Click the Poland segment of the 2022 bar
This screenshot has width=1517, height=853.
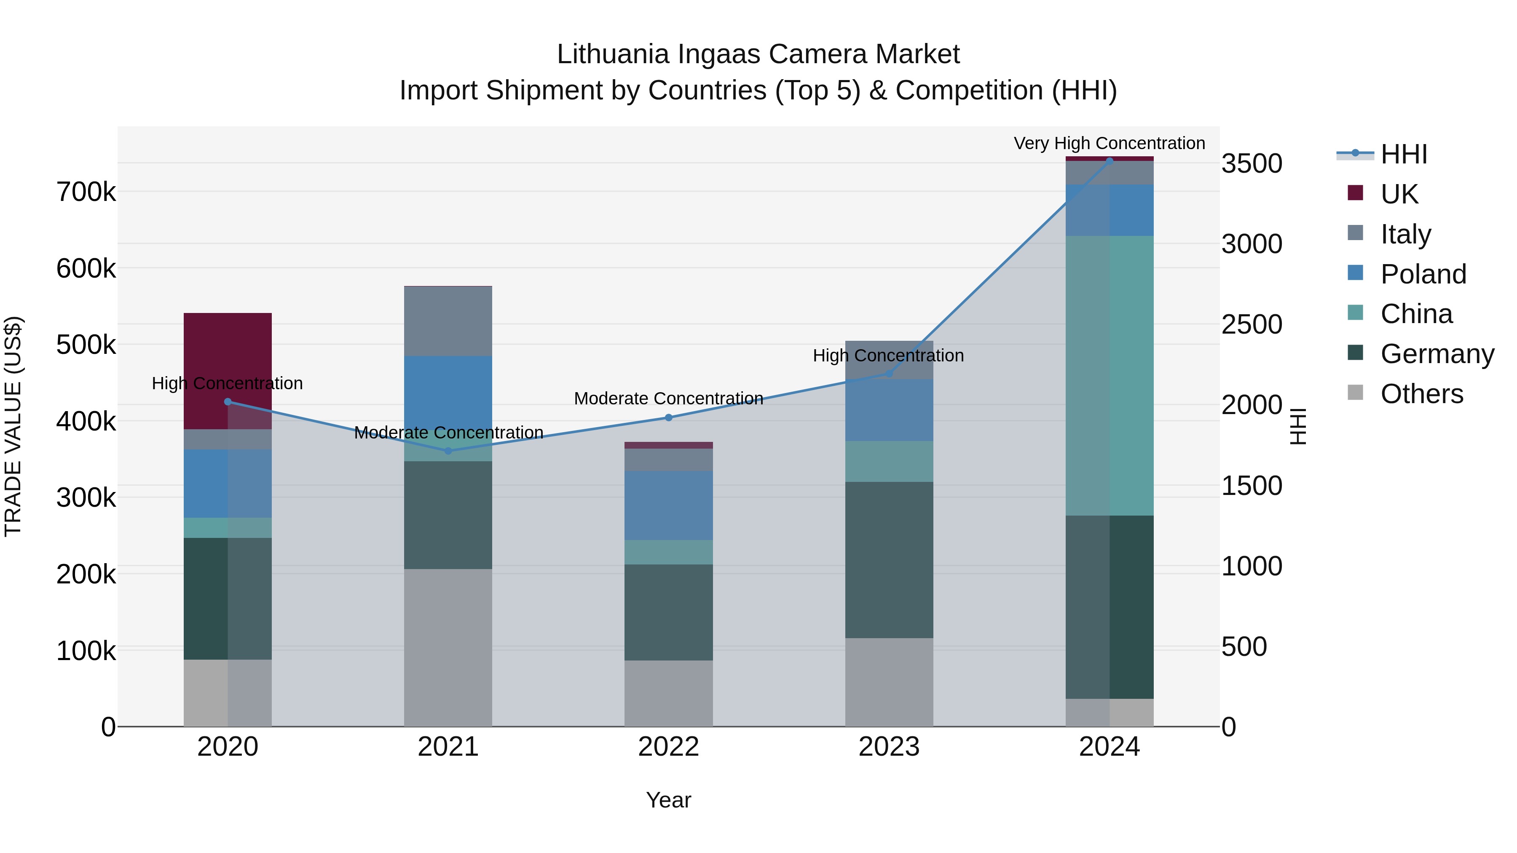pos(668,505)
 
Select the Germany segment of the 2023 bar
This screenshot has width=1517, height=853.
pos(889,559)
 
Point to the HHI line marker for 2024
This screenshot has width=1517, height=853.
pos(1110,161)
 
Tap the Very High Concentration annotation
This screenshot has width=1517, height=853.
pos(1109,143)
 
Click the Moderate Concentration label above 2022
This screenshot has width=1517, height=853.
pos(668,398)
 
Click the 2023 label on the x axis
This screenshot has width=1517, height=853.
pos(889,746)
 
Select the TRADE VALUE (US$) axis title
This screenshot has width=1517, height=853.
pos(13,426)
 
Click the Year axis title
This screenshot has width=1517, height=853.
pos(668,800)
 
